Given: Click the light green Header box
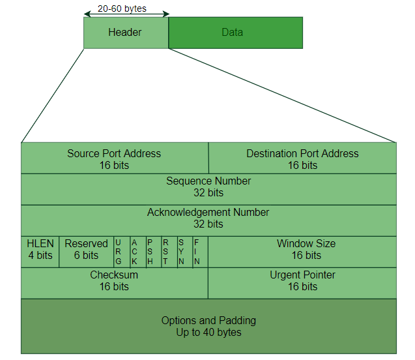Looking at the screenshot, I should [125, 33].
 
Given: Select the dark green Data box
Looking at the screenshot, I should [236, 33].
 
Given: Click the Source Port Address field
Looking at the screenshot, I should [114, 158].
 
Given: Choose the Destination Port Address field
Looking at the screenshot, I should [302, 158].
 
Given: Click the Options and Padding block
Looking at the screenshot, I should [208, 326].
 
